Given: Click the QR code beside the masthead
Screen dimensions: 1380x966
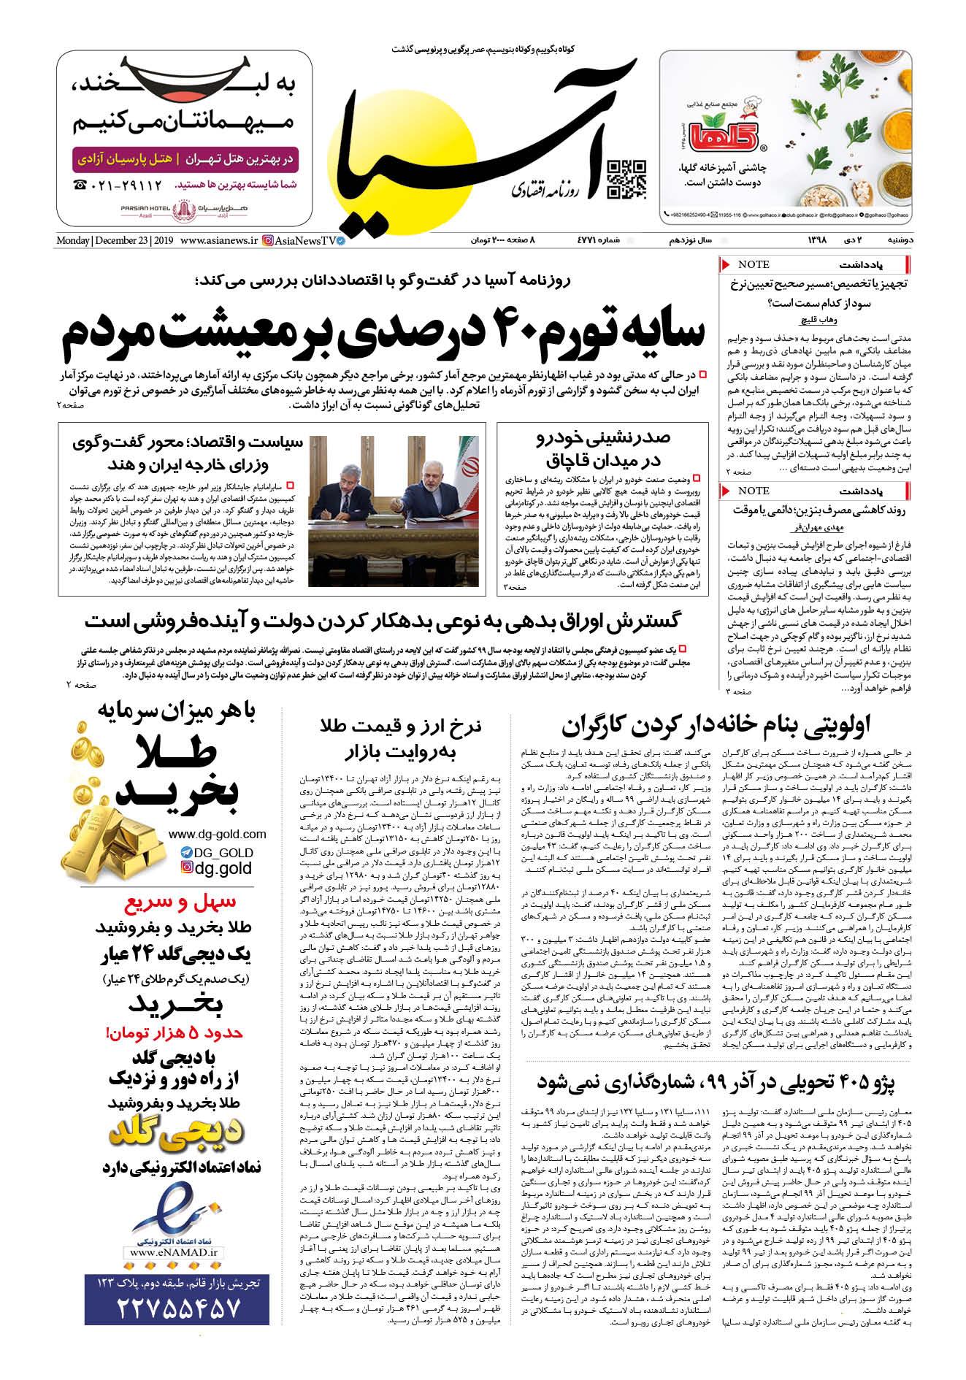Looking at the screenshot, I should click(627, 179).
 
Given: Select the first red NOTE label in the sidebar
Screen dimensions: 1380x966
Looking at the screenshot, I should click(754, 264).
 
